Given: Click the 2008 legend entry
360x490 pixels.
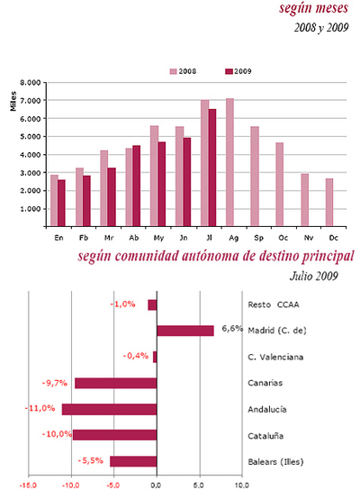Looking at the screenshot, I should click(x=185, y=70).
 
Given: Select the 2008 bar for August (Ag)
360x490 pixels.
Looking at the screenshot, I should click(x=230, y=162).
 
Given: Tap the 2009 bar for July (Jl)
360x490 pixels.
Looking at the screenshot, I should click(x=212, y=168).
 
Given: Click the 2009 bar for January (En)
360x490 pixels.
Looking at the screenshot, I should click(x=62, y=203).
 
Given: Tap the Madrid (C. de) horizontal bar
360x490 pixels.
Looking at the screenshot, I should click(x=185, y=331).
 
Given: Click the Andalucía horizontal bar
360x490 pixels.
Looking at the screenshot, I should click(x=109, y=409).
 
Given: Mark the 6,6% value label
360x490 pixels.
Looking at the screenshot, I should click(x=233, y=329).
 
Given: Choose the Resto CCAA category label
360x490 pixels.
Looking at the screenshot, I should click(x=274, y=305).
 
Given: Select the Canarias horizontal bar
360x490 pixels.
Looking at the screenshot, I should click(x=115, y=383).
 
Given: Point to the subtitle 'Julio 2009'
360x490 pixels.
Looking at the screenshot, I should click(x=318, y=275).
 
